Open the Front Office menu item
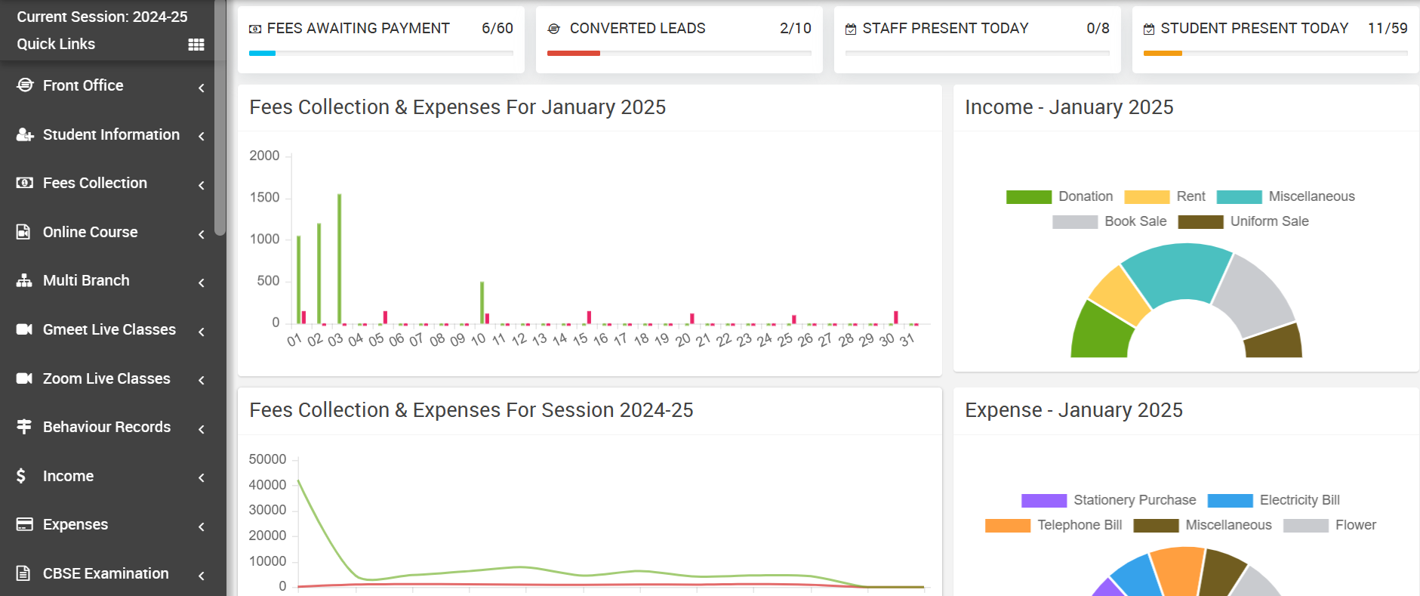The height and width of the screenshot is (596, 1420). tap(83, 85)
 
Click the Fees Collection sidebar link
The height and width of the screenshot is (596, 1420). tap(95, 183)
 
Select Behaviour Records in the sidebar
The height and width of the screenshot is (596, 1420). tap(106, 427)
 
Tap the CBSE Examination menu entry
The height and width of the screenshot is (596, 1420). tap(106, 573)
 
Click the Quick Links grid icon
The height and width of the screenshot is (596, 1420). tap(196, 45)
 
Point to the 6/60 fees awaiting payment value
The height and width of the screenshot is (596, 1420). tap(497, 28)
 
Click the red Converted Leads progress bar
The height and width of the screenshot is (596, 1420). tap(574, 53)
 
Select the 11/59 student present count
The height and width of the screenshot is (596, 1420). tap(1388, 28)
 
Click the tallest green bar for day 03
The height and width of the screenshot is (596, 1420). tap(340, 259)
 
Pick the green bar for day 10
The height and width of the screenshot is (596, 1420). tap(482, 303)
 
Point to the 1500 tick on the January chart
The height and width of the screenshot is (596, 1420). tap(264, 197)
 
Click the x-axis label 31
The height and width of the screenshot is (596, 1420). tap(907, 340)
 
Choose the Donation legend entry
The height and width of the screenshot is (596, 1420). tap(1060, 196)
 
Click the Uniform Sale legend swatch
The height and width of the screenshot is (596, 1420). tap(1200, 221)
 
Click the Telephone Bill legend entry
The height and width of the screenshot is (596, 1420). tap(1054, 525)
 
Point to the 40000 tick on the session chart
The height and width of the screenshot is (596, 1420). tap(267, 485)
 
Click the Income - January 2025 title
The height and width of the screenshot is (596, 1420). tap(1069, 107)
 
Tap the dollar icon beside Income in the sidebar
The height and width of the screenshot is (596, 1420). tap(21, 476)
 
